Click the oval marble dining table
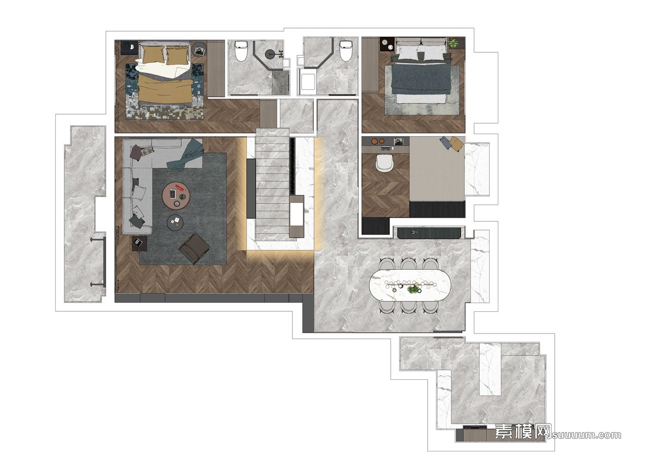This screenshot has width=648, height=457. coord(410,285)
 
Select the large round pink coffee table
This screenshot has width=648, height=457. coord(176,195)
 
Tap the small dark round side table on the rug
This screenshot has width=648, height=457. coord(175,222)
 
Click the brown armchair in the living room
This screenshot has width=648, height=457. coord(194,248)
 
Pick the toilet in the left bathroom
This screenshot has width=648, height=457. coord(241,51)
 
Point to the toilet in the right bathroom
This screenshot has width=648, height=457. coord(346,51)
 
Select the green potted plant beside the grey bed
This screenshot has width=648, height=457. coord(453,43)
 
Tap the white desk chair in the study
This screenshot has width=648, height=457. coord(385,163)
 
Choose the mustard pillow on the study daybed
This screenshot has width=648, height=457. coord(455,143)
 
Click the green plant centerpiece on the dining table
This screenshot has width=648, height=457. coord(412,289)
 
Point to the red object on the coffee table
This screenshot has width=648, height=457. coord(180,188)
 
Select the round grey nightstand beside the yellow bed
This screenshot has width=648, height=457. coord(199,50)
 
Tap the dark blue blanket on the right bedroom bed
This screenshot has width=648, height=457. coord(421,78)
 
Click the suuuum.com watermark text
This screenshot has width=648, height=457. coord(587,435)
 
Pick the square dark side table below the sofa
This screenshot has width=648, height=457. coord(140,243)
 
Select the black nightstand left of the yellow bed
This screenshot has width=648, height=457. coord(129,47)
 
